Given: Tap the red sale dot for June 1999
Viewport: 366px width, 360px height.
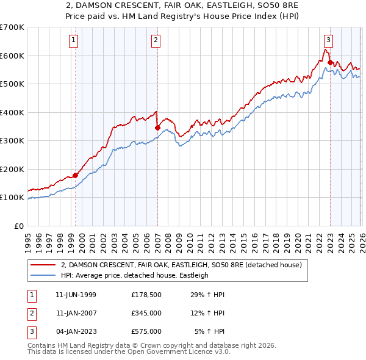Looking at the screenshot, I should pyautogui.click(x=76, y=175).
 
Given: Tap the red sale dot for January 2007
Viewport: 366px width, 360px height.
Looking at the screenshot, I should pyautogui.click(x=157, y=128).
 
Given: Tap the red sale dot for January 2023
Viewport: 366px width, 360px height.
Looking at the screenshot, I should pyautogui.click(x=330, y=62).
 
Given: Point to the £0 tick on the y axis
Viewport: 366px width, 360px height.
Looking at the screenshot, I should pyautogui.click(x=20, y=226).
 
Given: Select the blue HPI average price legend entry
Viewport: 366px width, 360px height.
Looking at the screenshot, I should pyautogui.click(x=135, y=275).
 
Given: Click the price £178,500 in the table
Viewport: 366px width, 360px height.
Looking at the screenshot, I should pyautogui.click(x=146, y=295).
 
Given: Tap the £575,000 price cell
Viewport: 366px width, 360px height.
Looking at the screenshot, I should pyautogui.click(x=146, y=331).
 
